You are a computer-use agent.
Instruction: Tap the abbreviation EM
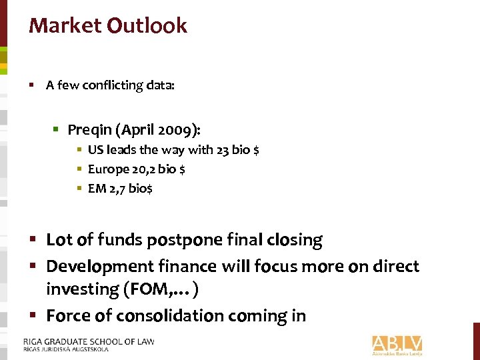click(x=97, y=189)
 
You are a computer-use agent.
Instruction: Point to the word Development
click(x=101, y=267)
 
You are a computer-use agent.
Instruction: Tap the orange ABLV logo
click(x=397, y=345)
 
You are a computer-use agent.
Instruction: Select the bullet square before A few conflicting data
click(x=32, y=85)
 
